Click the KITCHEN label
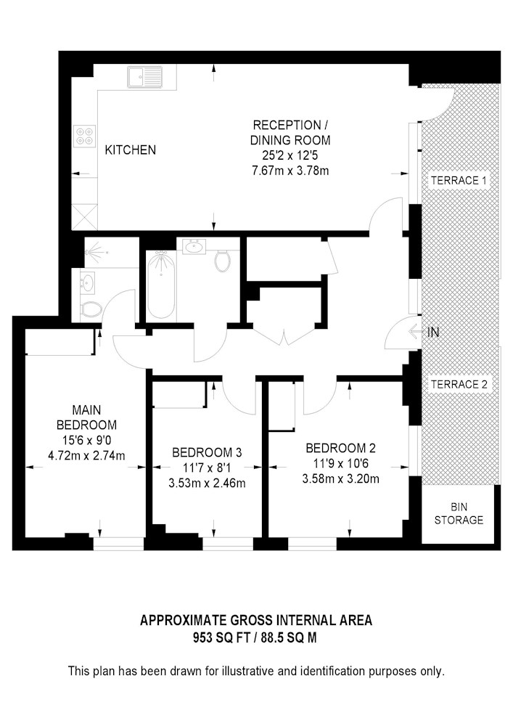[131, 150]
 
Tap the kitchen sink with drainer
[144, 76]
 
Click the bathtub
[160, 284]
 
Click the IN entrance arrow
[425, 333]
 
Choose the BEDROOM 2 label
[340, 447]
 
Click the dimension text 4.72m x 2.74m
[86, 456]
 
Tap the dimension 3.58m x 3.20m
[340, 478]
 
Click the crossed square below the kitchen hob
[85, 216]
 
